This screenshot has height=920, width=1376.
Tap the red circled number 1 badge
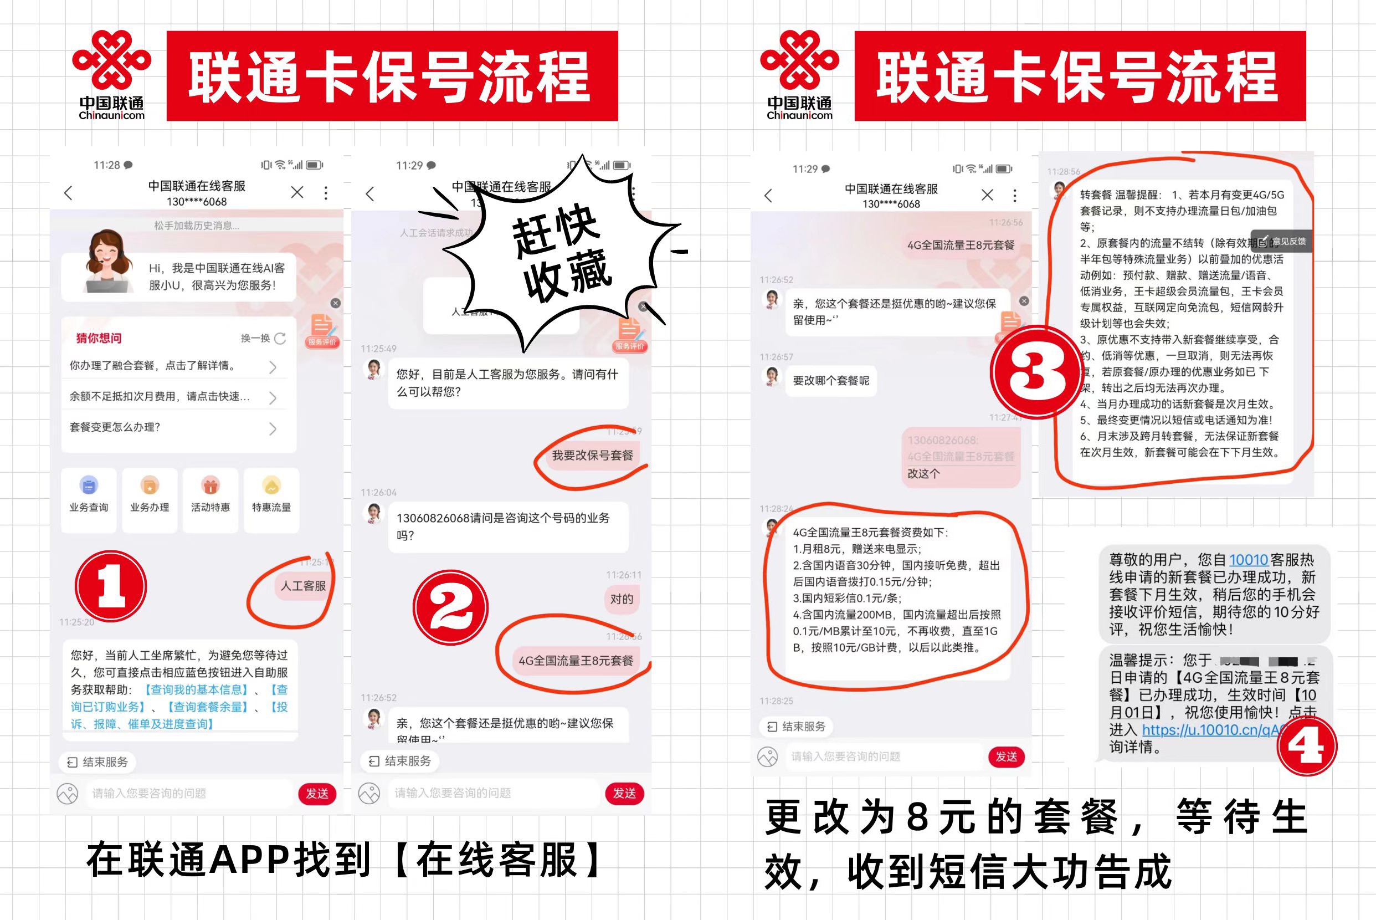click(x=111, y=586)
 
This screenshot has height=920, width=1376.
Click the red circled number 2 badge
click(x=450, y=608)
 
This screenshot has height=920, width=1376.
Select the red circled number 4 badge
click(x=1307, y=747)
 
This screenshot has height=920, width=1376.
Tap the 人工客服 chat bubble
click(x=302, y=586)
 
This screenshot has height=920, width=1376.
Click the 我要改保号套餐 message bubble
click(x=592, y=456)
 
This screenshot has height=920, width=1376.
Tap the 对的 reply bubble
click(x=622, y=599)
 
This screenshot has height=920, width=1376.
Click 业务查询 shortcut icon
click(x=89, y=486)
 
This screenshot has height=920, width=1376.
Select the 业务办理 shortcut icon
click(x=150, y=486)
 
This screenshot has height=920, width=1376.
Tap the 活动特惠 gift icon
click(x=210, y=486)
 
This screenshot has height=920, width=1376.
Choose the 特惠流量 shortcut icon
click(x=271, y=486)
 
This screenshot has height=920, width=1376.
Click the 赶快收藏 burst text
click(x=560, y=252)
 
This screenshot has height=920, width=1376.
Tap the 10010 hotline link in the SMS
click(x=1248, y=560)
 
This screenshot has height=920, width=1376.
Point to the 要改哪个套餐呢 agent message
click(x=831, y=381)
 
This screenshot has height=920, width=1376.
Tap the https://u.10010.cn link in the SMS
click(x=1208, y=730)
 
